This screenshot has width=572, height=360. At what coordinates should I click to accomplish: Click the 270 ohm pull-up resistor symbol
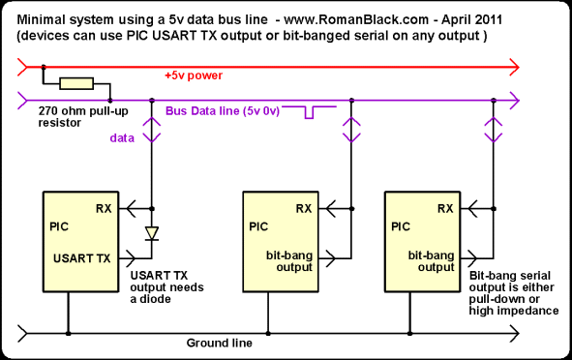pyautogui.click(x=76, y=83)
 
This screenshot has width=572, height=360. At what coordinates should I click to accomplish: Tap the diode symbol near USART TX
pyautogui.click(x=152, y=233)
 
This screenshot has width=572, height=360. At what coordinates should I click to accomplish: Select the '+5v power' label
pyautogui.click(x=194, y=75)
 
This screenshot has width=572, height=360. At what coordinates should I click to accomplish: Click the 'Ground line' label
pyautogui.click(x=220, y=343)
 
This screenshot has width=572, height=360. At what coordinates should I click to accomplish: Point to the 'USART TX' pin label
pyautogui.click(x=81, y=258)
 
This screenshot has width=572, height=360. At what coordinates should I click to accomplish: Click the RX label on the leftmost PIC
pyautogui.click(x=104, y=209)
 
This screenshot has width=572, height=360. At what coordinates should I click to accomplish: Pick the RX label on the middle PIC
pyautogui.click(x=304, y=209)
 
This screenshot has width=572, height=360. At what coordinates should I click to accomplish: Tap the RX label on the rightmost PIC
pyautogui.click(x=445, y=209)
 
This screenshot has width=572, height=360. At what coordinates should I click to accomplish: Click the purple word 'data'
pyautogui.click(x=122, y=137)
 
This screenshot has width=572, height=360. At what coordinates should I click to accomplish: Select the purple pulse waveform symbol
pyautogui.click(x=310, y=112)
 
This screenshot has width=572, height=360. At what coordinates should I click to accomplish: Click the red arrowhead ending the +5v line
pyautogui.click(x=514, y=67)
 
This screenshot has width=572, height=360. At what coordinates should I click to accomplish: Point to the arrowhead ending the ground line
pyautogui.click(x=514, y=333)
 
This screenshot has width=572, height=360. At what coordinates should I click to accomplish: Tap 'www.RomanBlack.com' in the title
pyautogui.click(x=356, y=19)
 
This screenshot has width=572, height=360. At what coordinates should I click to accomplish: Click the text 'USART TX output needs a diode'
pyautogui.click(x=166, y=287)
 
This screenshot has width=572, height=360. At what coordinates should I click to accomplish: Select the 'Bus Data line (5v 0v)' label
pyautogui.click(x=223, y=111)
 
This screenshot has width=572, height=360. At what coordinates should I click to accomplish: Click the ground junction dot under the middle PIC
pyautogui.click(x=268, y=333)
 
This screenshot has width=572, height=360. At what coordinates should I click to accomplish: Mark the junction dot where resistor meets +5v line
pyautogui.click(x=44, y=67)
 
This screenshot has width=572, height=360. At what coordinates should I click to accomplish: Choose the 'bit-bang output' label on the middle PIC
pyautogui.click(x=289, y=261)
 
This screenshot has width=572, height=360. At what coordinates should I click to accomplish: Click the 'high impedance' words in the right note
pyautogui.click(x=514, y=311)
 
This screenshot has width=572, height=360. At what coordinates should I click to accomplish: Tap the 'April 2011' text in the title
pyautogui.click(x=471, y=19)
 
